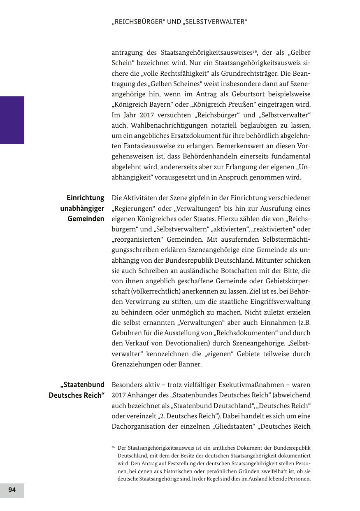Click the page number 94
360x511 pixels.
point(12,490)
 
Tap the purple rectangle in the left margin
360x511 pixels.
point(12,120)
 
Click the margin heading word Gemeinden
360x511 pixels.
point(86,219)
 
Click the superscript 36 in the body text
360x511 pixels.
point(255,51)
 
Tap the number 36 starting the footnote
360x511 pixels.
point(113,447)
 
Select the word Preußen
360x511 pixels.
point(223,105)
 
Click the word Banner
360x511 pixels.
point(190,364)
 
